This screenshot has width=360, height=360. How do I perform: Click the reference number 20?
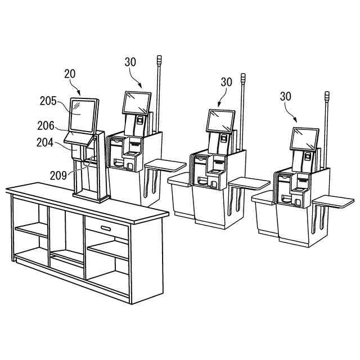pos(70,74)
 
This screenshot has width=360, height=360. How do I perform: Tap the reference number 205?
pos(48,101)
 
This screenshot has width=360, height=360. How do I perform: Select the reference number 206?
pos(46,125)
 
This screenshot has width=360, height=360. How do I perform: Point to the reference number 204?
pos(45,142)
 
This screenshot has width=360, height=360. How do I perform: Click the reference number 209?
pos(58,175)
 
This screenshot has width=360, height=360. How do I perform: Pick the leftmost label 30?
pos(130,62)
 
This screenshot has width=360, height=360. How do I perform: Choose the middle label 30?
pos(226,82)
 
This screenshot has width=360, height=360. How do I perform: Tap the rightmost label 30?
pos(286,96)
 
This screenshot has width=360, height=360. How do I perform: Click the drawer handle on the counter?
pos(106,228)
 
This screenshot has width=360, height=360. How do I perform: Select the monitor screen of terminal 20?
pos(83,116)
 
